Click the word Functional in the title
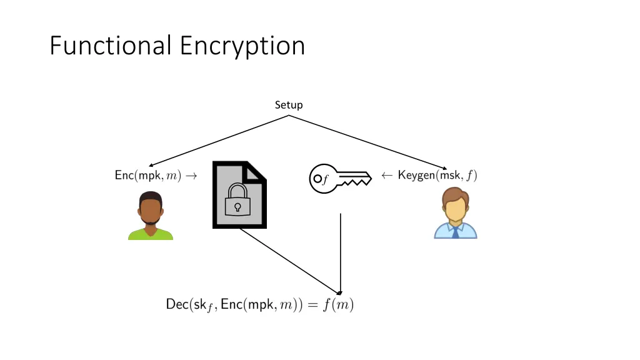coord(110,45)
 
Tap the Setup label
coord(289,105)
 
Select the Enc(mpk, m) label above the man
coord(147,176)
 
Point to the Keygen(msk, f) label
coord(437,175)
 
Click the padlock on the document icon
coord(237,199)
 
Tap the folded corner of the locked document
coord(254,171)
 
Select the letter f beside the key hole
coord(325,179)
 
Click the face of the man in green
coord(151,211)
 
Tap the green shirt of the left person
coord(151,234)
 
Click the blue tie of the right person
coord(455,232)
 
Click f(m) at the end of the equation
coord(338,304)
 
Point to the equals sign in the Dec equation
coord(312,305)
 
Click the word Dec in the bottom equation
coord(177,304)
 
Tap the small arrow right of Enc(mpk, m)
coord(191,176)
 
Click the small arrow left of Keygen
coord(387,176)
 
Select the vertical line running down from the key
coord(341,253)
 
